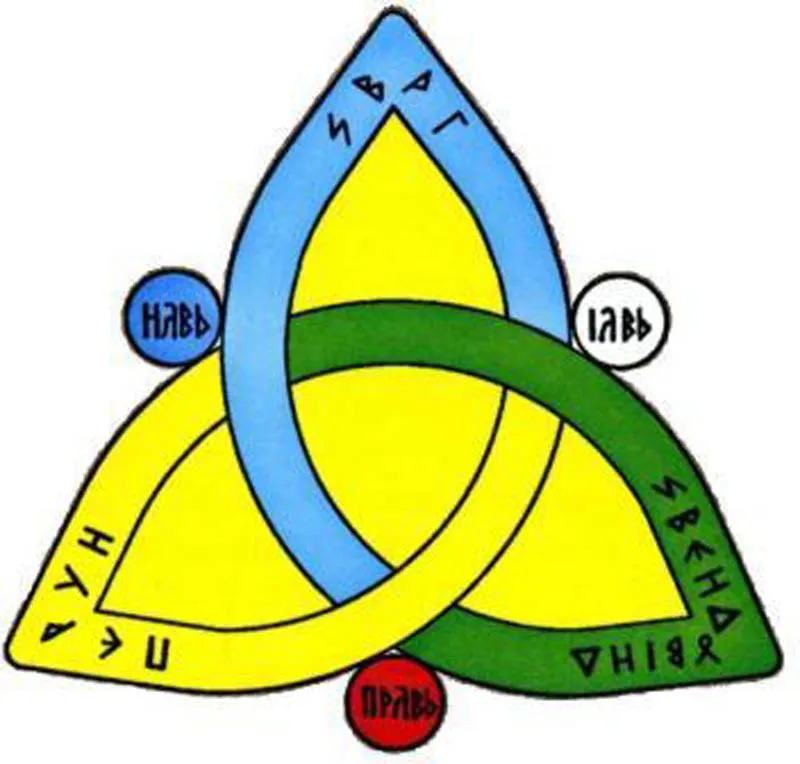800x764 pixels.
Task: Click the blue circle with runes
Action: tap(172, 319)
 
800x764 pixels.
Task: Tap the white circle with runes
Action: tap(621, 324)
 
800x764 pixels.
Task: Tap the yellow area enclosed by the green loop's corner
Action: tap(600, 540)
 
